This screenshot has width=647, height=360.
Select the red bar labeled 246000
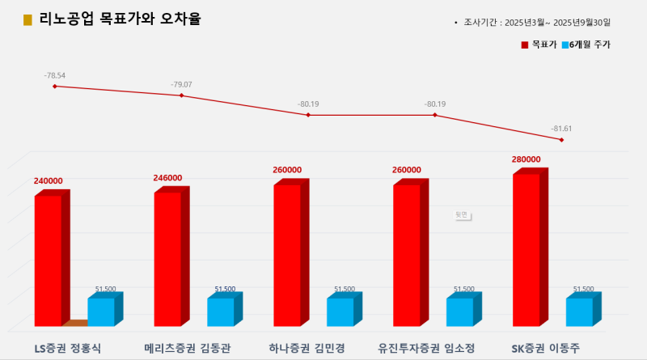pos(167,259)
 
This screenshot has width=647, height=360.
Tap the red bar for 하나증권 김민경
pos(287,256)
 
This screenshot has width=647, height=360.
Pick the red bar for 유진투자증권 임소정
pos(407,256)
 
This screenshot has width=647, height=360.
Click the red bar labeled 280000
pos(526,250)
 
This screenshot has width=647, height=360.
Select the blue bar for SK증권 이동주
pos(579,312)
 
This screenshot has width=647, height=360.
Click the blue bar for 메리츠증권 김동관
pos(220,312)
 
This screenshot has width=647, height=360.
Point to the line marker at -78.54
pos(55,86)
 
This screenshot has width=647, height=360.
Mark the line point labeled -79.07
pos(181,95)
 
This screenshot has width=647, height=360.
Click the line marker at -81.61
pos(561,140)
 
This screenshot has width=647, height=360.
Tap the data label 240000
pos(49,181)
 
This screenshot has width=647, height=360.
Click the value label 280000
pos(526,159)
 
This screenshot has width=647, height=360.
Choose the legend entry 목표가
pos(538,44)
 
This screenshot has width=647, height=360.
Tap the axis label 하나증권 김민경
pos(307,349)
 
